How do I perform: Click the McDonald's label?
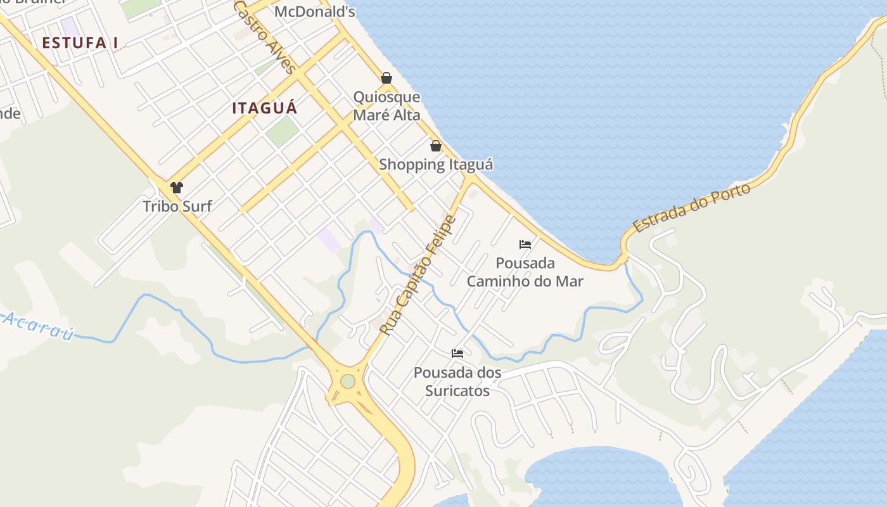314,11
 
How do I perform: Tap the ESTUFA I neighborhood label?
80,43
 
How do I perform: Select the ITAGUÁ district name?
264,108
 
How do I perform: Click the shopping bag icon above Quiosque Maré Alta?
386,78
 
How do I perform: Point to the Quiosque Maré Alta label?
386,106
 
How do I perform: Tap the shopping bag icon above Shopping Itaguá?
436,146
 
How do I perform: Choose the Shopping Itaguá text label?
436,165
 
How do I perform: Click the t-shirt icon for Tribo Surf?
177,188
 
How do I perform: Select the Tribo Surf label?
177,206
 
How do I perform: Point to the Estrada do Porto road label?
692,208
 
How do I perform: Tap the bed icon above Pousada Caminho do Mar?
525,245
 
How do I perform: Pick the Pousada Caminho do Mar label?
525,272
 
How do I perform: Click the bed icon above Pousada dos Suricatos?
457,353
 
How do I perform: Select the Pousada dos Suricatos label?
457,382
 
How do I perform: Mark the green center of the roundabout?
347,382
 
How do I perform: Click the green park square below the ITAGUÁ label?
282,132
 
